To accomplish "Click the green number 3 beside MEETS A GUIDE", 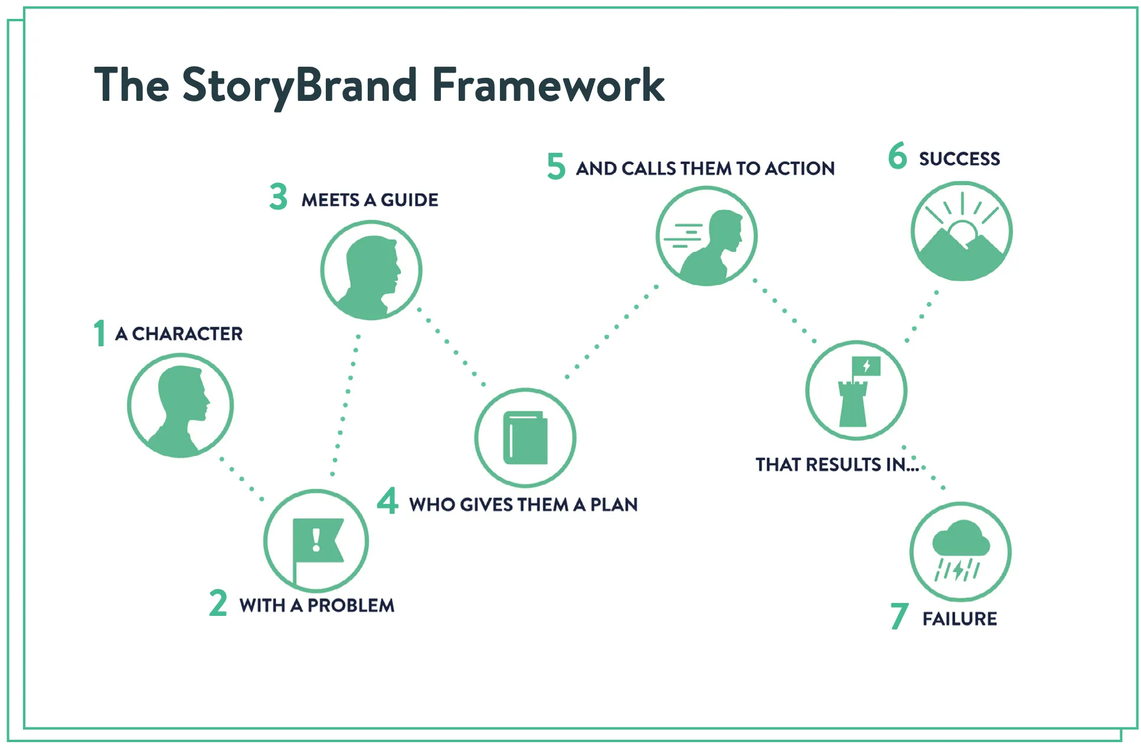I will click(x=279, y=197).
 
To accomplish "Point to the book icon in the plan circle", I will click(x=525, y=438).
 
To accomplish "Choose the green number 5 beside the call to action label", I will click(x=556, y=166).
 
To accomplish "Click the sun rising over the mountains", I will click(x=962, y=231).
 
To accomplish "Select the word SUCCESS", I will click(x=959, y=159).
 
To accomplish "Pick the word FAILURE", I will click(x=960, y=619).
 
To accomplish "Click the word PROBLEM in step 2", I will click(x=351, y=605).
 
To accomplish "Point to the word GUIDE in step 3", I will click(x=409, y=200).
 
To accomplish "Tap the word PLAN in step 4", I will click(x=614, y=505).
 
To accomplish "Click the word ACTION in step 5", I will click(x=800, y=169).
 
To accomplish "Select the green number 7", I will click(x=899, y=616).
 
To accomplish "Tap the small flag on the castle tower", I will click(x=866, y=366).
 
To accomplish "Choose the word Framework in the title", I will click(x=548, y=86).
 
